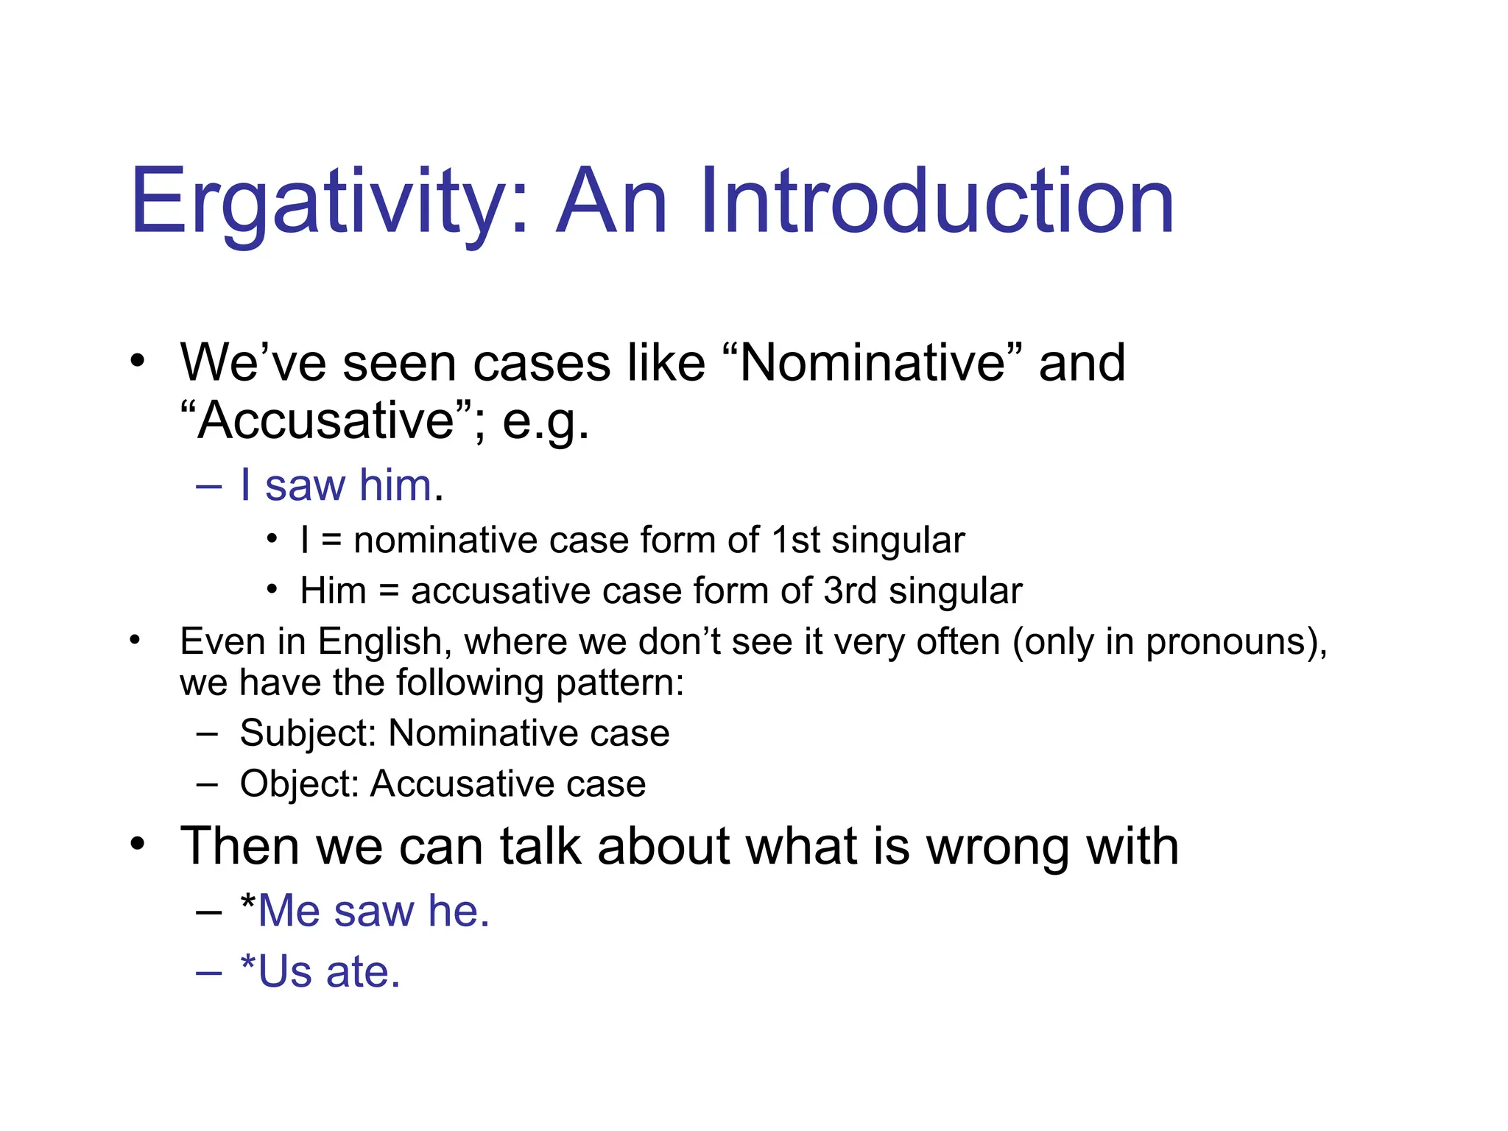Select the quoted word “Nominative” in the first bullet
(873, 363)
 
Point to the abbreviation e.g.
(546, 422)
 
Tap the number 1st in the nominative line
(795, 540)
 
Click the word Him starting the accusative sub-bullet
(333, 591)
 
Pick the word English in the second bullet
(379, 641)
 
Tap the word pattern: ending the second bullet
(620, 683)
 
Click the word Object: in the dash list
(299, 783)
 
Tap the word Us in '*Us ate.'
(285, 972)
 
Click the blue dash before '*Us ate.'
(208, 973)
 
